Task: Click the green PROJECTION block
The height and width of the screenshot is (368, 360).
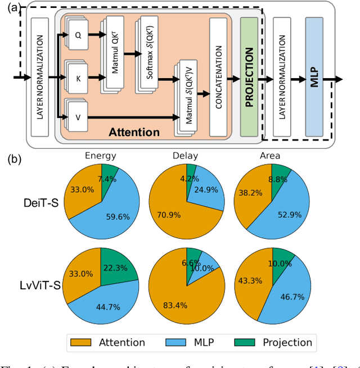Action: point(249,76)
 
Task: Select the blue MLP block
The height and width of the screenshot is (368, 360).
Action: point(314,76)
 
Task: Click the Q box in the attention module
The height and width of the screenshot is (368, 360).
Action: point(79,34)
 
